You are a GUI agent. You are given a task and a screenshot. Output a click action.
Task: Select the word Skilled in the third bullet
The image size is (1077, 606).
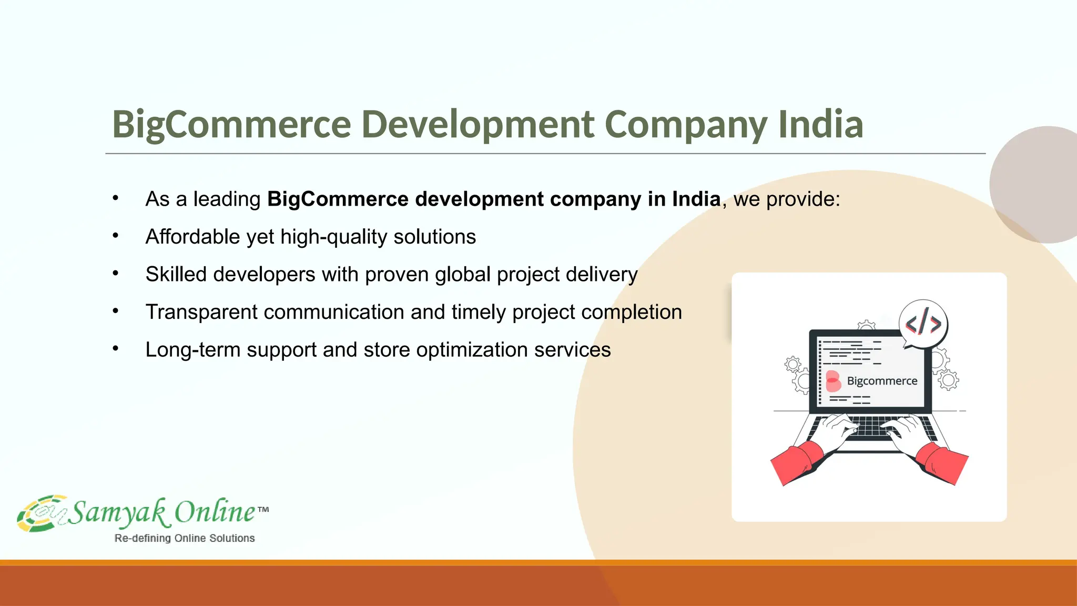coord(176,275)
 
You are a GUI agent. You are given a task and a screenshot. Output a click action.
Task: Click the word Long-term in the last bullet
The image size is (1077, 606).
coord(193,350)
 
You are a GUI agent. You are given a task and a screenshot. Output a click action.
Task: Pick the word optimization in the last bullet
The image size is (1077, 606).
coord(472,350)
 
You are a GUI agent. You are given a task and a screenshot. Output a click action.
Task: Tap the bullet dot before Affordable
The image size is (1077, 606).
coord(116,236)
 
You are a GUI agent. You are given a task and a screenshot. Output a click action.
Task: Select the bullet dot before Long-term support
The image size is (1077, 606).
coord(116,348)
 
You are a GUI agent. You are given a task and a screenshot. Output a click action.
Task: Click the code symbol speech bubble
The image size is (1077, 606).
coord(923,324)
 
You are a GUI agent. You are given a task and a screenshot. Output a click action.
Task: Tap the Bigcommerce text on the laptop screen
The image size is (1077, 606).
coord(882,381)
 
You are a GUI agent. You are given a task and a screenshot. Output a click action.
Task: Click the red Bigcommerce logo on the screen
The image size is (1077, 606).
coord(833,381)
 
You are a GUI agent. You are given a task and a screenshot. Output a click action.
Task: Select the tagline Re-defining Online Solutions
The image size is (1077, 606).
coord(185,538)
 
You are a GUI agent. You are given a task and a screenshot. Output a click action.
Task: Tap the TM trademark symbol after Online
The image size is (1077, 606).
coord(263,509)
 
